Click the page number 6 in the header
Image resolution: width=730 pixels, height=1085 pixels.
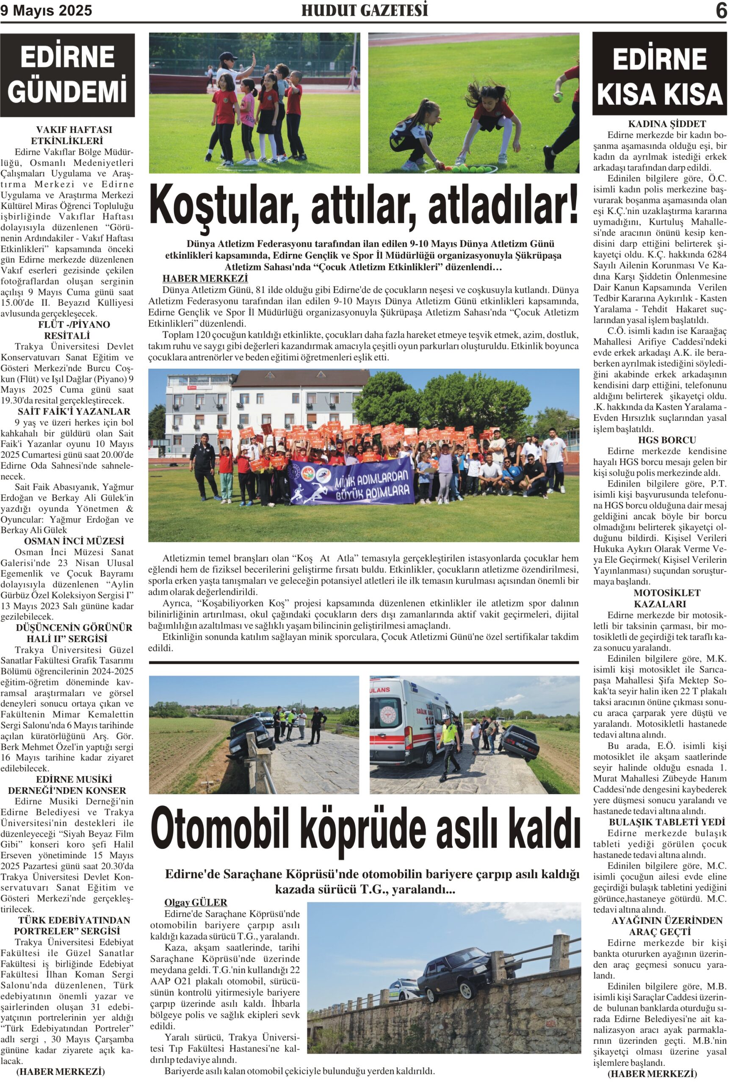point(720,11)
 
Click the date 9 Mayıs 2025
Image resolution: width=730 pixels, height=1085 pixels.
point(46,11)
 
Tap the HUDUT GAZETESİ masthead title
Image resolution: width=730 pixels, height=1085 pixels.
point(364,11)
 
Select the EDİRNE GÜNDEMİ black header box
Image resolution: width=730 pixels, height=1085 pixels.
point(67,75)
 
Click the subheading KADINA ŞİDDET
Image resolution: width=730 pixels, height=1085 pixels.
point(660,124)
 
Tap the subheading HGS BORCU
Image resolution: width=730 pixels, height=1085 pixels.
point(660,440)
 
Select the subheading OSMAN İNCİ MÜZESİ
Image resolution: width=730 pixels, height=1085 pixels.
point(67,541)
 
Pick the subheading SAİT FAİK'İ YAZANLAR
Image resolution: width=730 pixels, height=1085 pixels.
point(67,412)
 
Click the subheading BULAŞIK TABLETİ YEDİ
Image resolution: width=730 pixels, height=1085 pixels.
point(660,822)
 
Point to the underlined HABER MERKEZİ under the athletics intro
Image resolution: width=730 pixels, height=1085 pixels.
point(205,278)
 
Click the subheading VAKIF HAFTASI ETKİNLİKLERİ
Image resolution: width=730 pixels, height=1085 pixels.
point(67,135)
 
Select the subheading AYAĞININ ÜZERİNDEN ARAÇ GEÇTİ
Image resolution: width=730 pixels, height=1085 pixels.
point(660,926)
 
